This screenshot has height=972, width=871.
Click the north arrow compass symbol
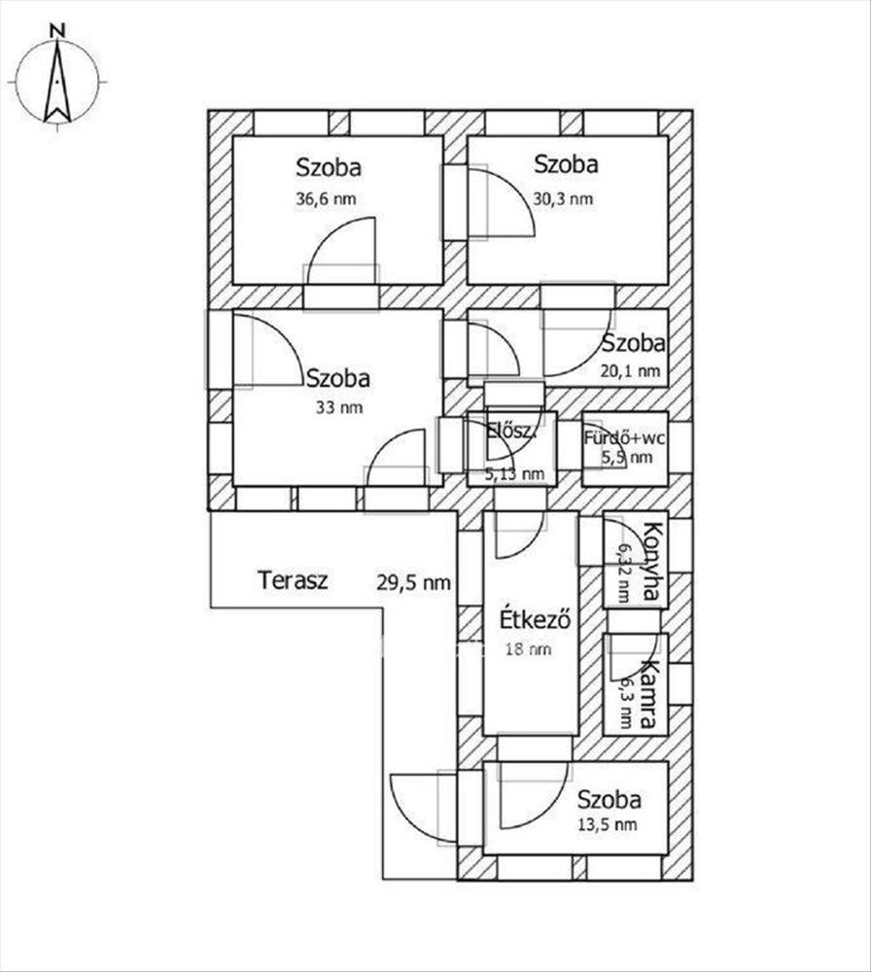click(x=57, y=83)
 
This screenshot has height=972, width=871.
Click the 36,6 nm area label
click(x=326, y=199)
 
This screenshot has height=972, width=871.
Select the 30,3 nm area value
click(x=563, y=199)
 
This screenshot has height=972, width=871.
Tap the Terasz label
click(x=293, y=581)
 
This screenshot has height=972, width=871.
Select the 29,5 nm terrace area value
click(x=413, y=582)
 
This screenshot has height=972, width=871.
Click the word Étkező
click(x=534, y=619)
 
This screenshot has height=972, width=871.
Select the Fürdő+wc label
click(x=624, y=438)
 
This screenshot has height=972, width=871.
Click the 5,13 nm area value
click(x=514, y=474)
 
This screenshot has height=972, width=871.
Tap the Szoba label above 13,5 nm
click(x=609, y=800)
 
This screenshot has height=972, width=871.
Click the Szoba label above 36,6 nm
click(x=329, y=167)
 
